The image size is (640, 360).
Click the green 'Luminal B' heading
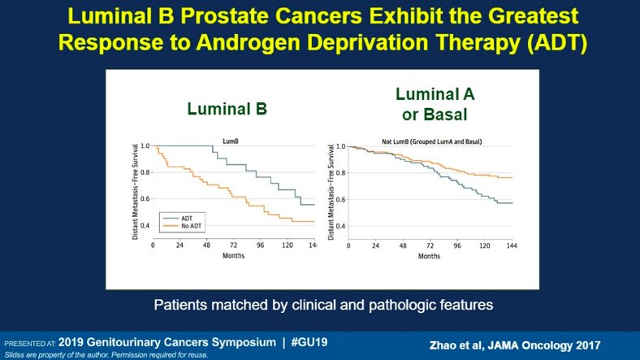click(227, 108)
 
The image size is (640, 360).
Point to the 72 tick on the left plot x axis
click(233, 245)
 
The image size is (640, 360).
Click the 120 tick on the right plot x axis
click(485, 245)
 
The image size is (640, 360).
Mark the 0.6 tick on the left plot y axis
click(145, 198)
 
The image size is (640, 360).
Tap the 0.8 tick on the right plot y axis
click(340, 172)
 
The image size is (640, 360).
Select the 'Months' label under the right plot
click(430, 256)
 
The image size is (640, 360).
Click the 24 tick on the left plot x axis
click(180, 245)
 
